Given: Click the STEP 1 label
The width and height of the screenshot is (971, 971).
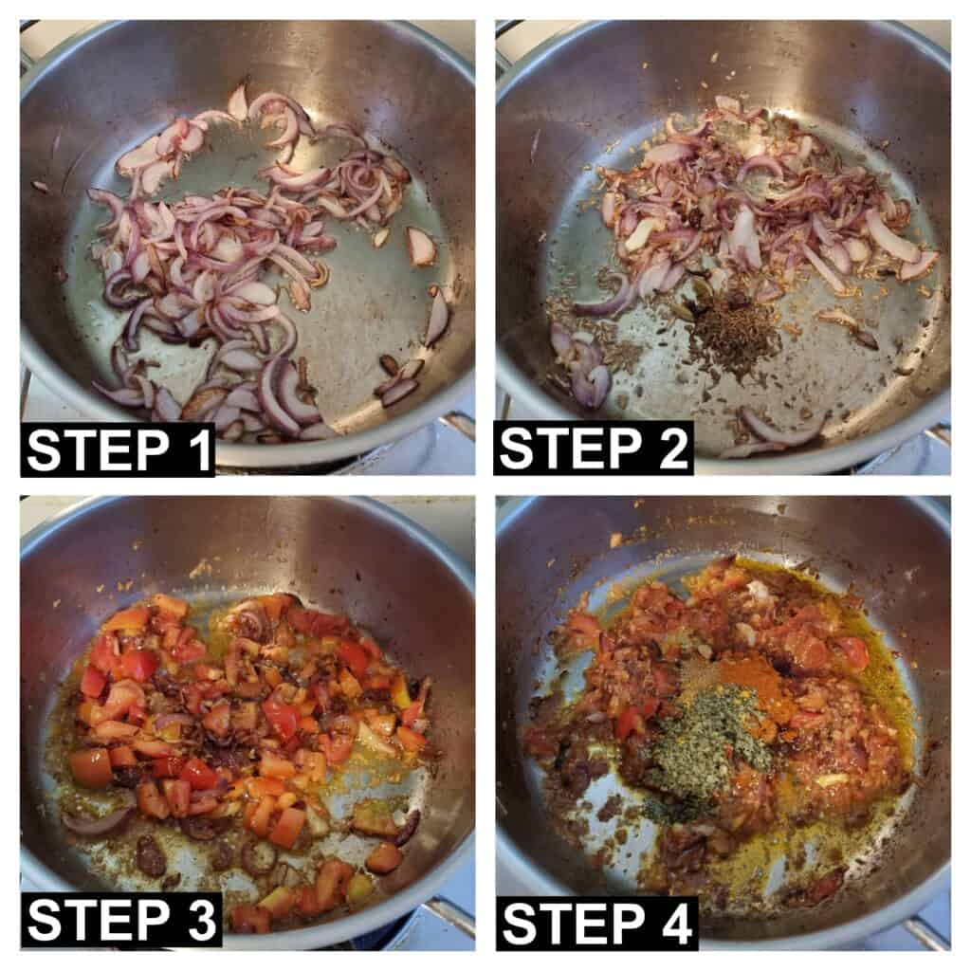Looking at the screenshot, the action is (x=119, y=450).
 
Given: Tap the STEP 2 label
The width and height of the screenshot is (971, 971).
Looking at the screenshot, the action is (x=594, y=449).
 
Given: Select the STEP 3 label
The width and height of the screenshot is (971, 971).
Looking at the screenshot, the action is (x=122, y=920).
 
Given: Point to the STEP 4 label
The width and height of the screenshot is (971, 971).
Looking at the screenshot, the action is (x=597, y=924).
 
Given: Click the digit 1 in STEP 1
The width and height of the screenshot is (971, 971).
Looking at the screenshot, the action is (x=197, y=450).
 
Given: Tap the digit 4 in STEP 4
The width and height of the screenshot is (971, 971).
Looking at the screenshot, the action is (x=674, y=924).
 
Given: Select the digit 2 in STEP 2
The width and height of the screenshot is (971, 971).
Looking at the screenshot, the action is (x=671, y=449).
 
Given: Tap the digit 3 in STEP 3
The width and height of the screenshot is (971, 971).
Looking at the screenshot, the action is (x=199, y=920).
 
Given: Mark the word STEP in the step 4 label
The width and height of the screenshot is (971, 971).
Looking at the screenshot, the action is (x=571, y=924).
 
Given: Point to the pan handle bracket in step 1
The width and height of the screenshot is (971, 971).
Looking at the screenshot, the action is (x=457, y=428).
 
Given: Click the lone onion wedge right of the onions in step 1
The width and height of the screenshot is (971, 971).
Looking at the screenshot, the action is (x=421, y=246).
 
